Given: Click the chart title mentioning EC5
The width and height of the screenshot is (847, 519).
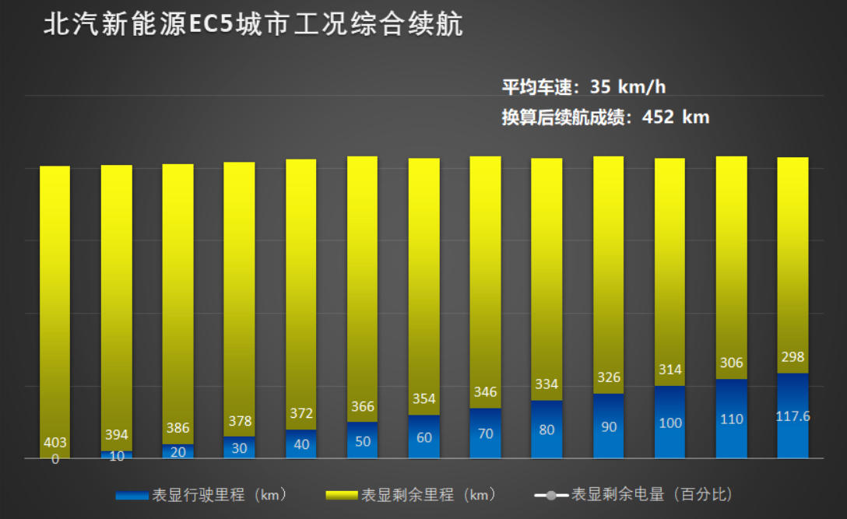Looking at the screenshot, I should click(253, 24).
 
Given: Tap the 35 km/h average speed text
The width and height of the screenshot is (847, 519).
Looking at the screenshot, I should click(583, 86).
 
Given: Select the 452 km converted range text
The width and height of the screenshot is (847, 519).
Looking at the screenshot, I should click(605, 117).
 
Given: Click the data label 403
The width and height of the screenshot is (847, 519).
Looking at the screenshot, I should click(54, 443).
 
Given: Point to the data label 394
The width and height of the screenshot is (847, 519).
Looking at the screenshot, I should click(117, 435).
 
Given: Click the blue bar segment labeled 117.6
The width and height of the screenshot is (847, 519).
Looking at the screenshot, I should click(793, 416).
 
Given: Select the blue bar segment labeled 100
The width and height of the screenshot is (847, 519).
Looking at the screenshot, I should click(670, 423).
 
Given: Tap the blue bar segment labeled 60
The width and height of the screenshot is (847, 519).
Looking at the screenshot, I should click(424, 437).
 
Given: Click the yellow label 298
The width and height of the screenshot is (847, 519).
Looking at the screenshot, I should click(793, 357).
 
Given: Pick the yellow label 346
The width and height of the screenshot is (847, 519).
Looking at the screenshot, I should click(486, 392).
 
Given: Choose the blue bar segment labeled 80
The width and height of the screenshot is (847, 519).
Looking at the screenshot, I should click(547, 430).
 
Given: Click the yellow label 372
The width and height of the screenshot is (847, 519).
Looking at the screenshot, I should click(301, 413).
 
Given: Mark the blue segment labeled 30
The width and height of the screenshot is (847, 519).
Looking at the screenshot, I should click(239, 448).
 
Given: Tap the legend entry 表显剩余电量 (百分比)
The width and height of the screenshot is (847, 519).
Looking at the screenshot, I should click(634, 495).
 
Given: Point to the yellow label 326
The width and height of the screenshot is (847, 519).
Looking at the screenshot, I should click(608, 377).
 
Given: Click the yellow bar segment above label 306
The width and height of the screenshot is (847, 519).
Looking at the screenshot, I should click(731, 249).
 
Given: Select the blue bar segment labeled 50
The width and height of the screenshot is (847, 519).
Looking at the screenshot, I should click(363, 441).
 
